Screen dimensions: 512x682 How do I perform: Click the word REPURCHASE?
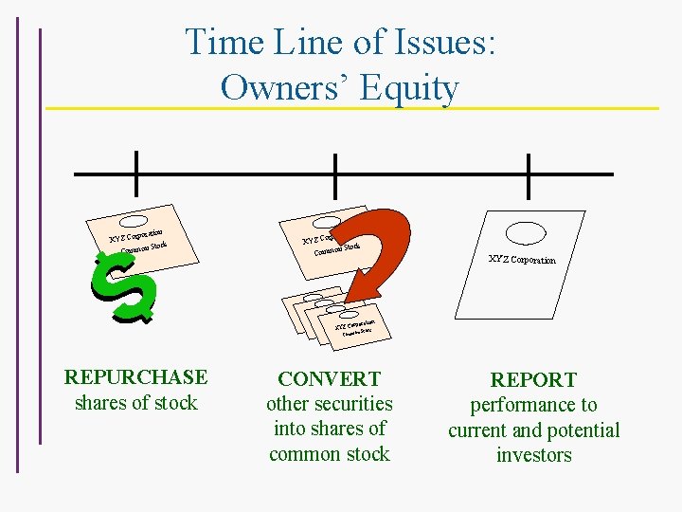point(135,377)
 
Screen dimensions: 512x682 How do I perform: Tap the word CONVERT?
point(330,379)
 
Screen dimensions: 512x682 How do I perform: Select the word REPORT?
point(534,380)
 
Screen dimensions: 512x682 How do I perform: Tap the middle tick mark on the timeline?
point(334,174)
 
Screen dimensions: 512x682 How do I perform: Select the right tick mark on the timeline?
point(528,174)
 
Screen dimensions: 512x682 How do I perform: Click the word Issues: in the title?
point(431,43)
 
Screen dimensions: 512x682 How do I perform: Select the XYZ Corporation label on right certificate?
point(522,259)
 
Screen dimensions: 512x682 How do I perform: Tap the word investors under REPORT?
point(534,455)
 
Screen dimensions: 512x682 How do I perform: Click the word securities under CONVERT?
point(330,404)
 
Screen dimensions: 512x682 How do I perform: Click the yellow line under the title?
point(350,108)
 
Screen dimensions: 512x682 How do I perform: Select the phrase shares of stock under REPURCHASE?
point(135,403)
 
